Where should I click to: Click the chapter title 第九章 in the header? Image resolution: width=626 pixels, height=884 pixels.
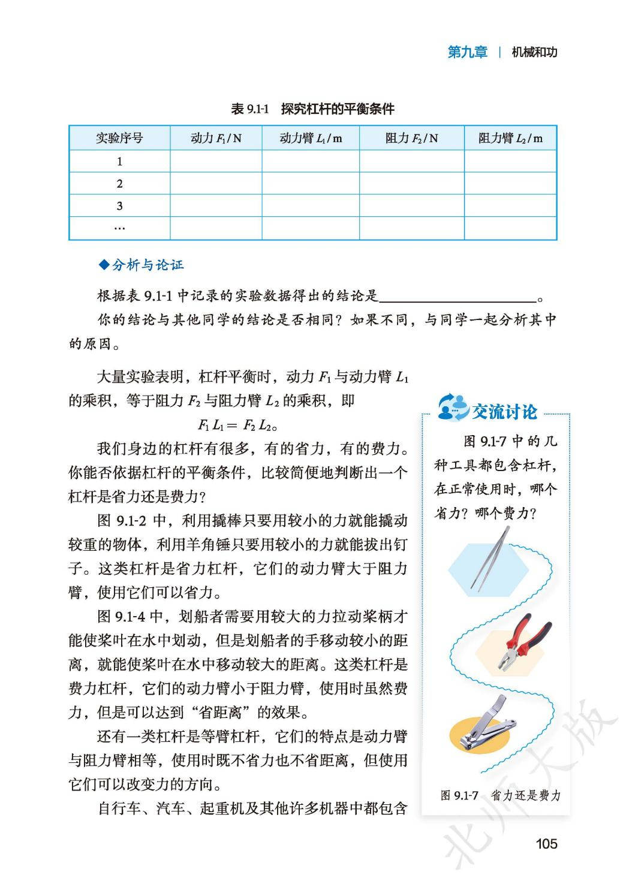click(x=467, y=52)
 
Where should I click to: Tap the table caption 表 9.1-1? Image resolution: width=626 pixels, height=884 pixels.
click(x=249, y=109)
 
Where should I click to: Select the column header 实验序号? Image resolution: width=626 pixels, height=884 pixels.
click(x=119, y=138)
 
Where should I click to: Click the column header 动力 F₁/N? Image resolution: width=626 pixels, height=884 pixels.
click(x=216, y=138)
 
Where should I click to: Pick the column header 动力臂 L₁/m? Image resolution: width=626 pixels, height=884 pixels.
click(x=311, y=138)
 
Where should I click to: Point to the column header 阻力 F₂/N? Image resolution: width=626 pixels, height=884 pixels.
click(x=411, y=138)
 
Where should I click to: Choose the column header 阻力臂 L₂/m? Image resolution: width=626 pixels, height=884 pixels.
click(x=510, y=138)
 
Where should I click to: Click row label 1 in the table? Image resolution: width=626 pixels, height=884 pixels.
click(x=119, y=161)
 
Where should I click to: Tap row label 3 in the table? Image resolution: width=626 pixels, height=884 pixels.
click(x=119, y=206)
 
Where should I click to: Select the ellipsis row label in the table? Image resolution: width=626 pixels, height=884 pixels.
click(x=119, y=228)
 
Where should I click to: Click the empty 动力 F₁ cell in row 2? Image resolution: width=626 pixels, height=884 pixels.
click(x=216, y=183)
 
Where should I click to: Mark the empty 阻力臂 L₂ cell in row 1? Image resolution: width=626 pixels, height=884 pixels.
click(x=510, y=161)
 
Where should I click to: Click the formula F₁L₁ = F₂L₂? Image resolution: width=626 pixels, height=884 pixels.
click(x=238, y=426)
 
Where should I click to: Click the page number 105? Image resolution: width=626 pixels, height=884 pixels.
click(x=546, y=844)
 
